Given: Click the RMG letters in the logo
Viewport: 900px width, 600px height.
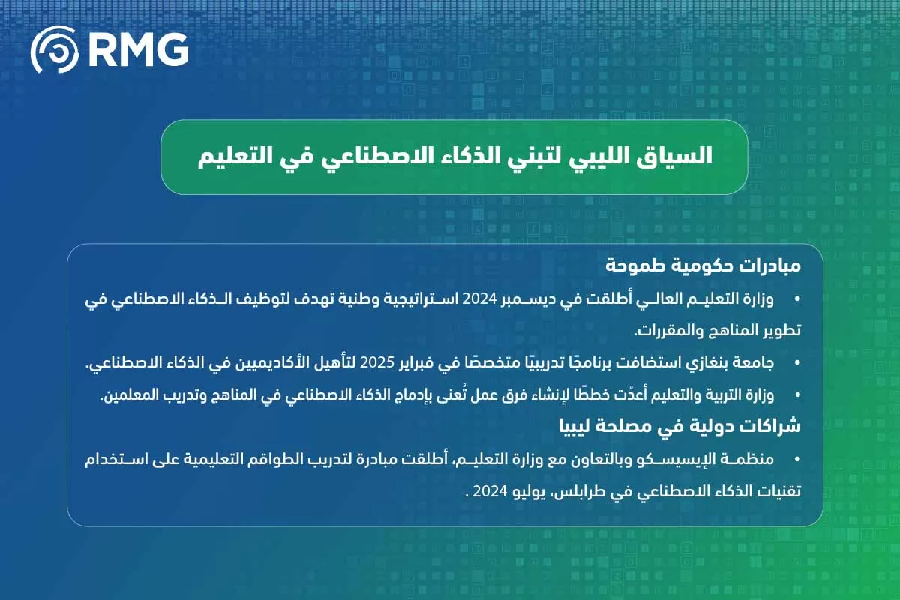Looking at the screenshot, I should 139,49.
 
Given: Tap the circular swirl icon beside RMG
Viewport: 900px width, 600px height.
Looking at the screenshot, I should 54,50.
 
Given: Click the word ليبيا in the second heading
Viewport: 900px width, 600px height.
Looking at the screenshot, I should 582,426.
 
